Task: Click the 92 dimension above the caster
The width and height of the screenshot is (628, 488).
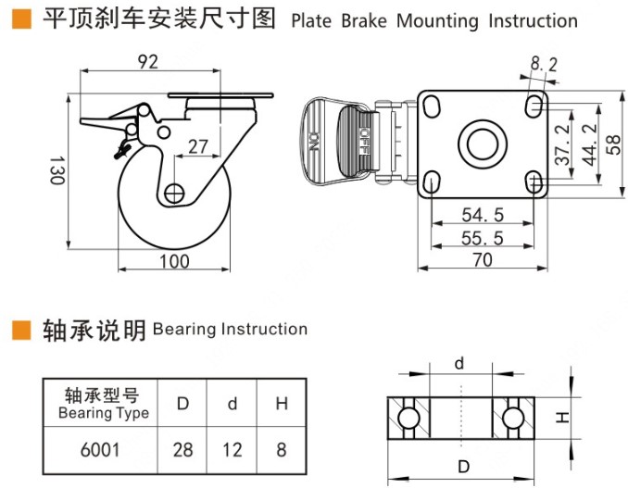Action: [147, 62]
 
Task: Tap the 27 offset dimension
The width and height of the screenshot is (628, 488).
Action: [197, 145]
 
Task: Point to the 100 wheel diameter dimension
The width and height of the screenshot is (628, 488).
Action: [173, 261]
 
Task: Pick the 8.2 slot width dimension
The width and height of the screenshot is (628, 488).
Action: [545, 64]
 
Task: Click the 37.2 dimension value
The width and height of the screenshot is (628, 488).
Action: [561, 146]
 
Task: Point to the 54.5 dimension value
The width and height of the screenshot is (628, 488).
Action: [483, 215]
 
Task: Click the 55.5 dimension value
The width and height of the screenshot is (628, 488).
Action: [483, 238]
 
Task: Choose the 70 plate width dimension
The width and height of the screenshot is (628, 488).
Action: [483, 260]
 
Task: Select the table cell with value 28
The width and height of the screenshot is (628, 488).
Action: [183, 450]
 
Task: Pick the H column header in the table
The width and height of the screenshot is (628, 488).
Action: [281, 404]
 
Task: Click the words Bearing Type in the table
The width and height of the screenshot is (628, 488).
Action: [103, 413]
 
